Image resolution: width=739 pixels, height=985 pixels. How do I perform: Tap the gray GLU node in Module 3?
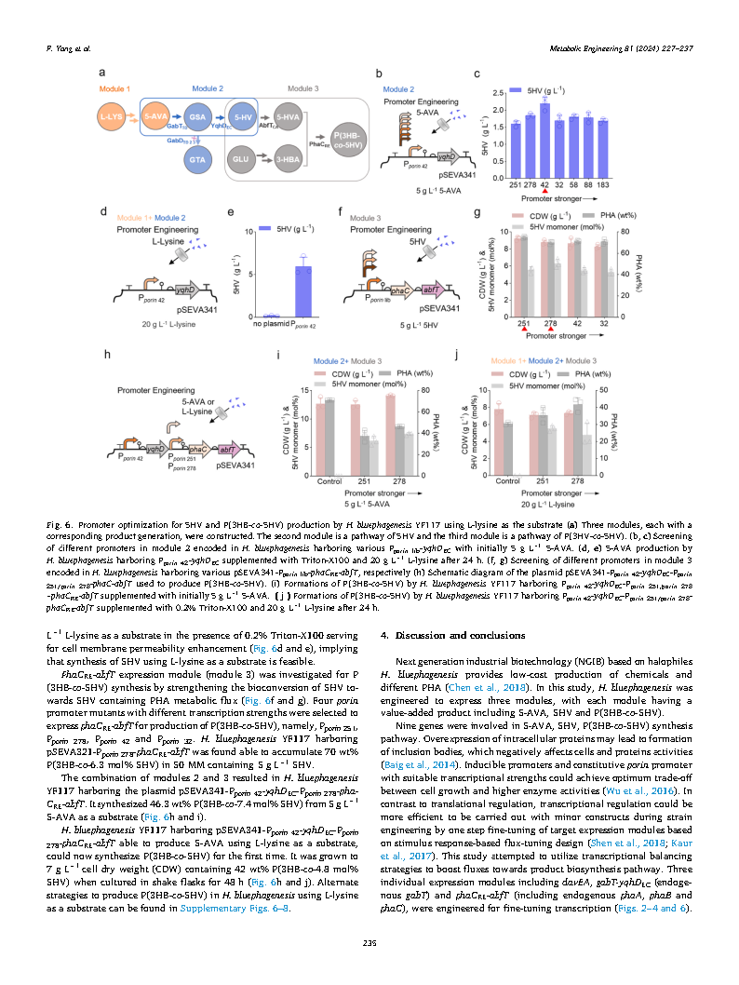point(242,159)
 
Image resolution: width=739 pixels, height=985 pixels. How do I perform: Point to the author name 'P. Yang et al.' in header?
point(69,47)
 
